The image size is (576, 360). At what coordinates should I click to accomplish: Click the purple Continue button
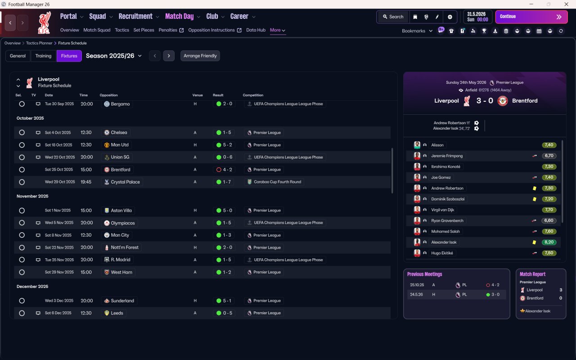[x=531, y=17]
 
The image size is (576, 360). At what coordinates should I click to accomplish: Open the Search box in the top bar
[x=393, y=17]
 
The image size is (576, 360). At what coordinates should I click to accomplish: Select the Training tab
[x=43, y=56]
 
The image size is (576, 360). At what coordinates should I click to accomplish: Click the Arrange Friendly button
[x=200, y=56]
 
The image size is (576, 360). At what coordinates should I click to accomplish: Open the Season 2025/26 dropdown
[x=114, y=56]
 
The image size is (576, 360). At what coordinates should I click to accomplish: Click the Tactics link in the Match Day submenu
[x=122, y=30]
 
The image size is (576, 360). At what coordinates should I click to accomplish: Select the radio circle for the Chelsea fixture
[x=22, y=132]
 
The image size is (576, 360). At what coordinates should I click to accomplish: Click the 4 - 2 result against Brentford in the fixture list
[x=224, y=170]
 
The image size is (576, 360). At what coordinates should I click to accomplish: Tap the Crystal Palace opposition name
[x=125, y=182]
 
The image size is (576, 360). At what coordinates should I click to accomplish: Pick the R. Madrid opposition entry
[x=120, y=260]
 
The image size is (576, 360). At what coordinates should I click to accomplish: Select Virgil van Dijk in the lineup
[x=442, y=210]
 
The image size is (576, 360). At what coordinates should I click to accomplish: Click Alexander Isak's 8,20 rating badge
[x=549, y=242]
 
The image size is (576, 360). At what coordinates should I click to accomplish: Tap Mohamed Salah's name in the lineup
[x=445, y=231]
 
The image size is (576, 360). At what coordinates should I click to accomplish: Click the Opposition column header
[x=108, y=95]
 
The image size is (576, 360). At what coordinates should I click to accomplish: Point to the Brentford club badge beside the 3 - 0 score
[x=503, y=101]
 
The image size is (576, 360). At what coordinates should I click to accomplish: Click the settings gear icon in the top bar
[x=450, y=17]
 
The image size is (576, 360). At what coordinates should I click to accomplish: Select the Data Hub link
[x=256, y=30]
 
